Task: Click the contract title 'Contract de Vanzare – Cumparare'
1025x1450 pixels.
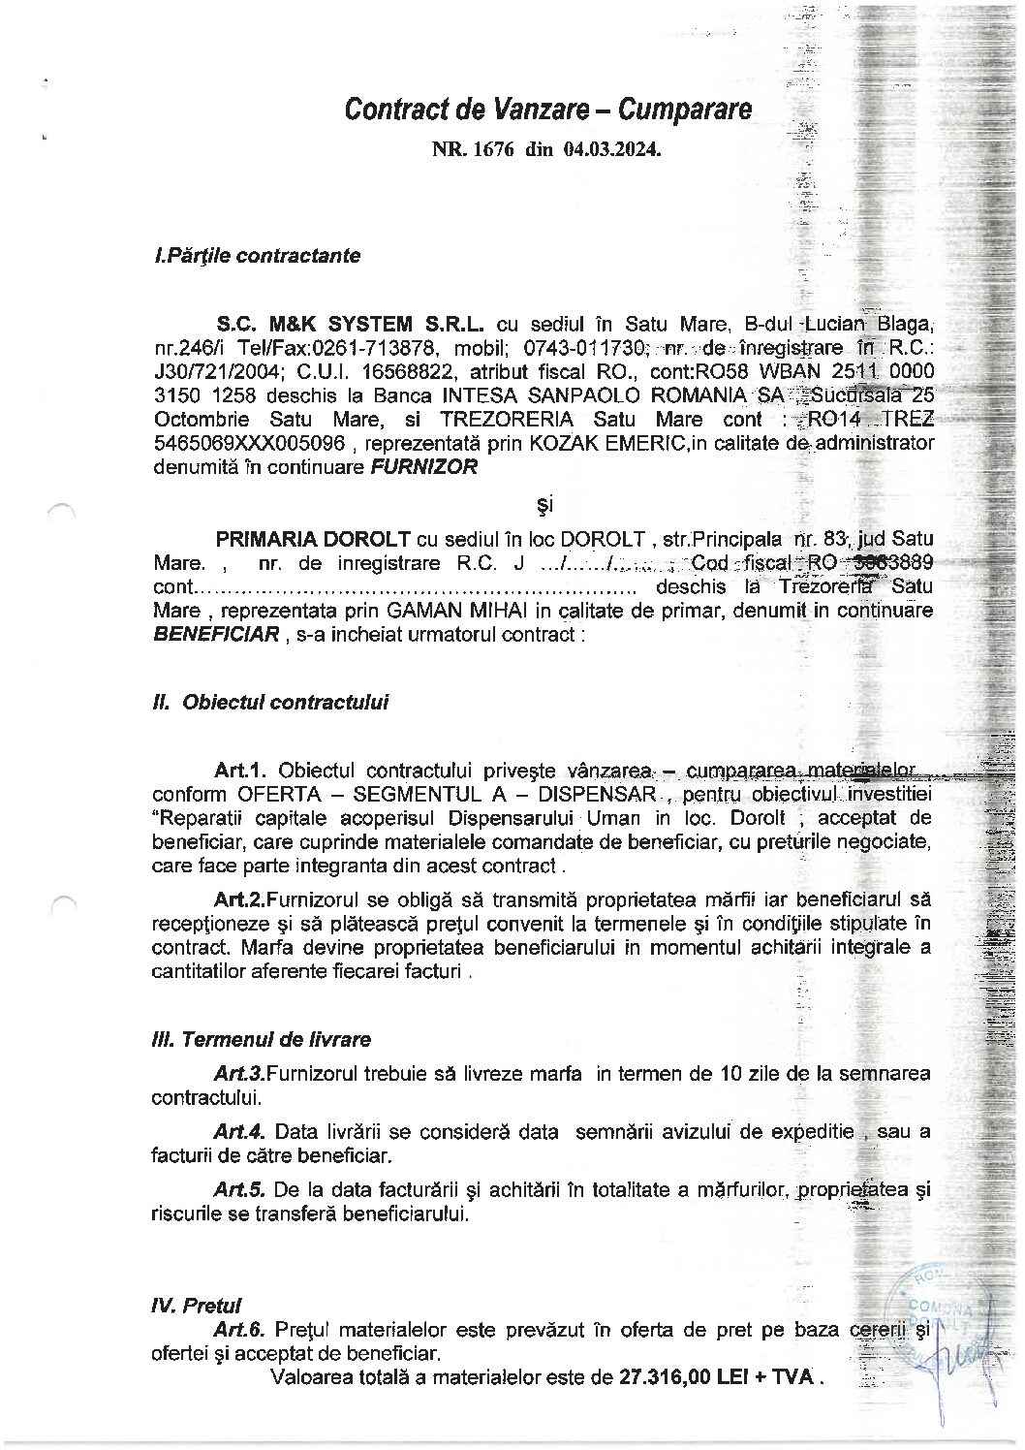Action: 547,110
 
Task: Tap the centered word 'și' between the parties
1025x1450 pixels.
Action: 544,504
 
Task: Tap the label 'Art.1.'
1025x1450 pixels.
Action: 241,771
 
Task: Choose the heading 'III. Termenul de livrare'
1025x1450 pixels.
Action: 262,1040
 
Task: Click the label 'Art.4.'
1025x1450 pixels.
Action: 240,1131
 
